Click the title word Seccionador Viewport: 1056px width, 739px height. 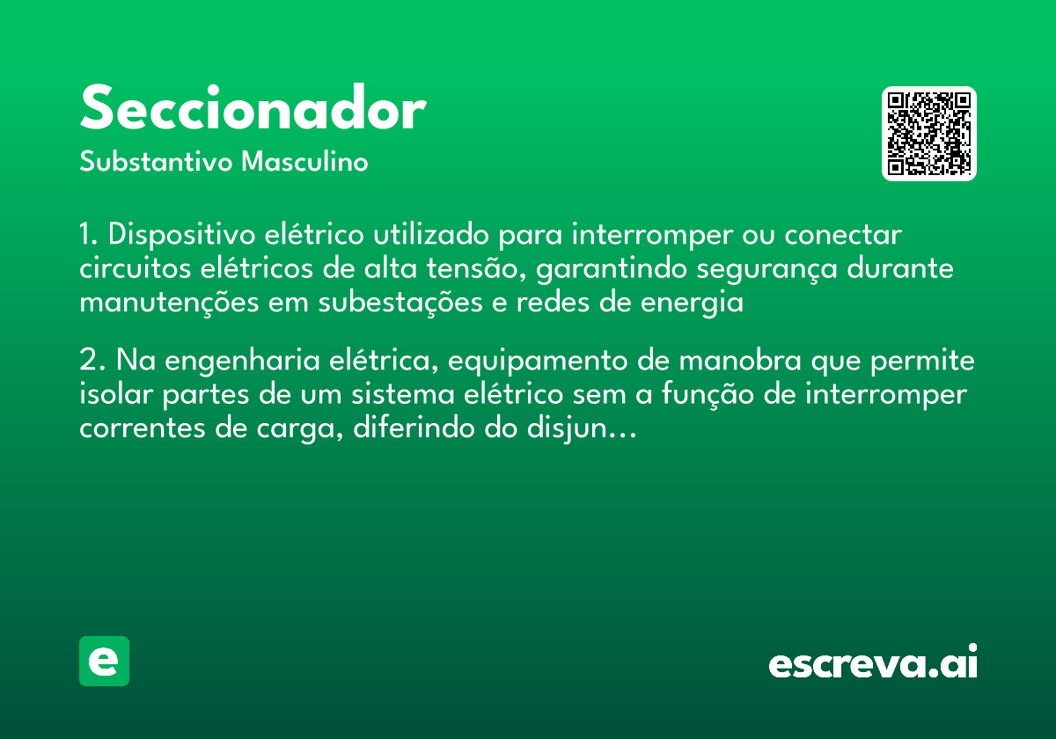click(253, 110)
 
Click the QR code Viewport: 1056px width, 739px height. click(928, 134)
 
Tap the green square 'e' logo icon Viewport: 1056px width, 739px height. click(104, 661)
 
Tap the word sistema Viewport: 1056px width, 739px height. click(404, 395)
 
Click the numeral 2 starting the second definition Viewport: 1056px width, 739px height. click(87, 362)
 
